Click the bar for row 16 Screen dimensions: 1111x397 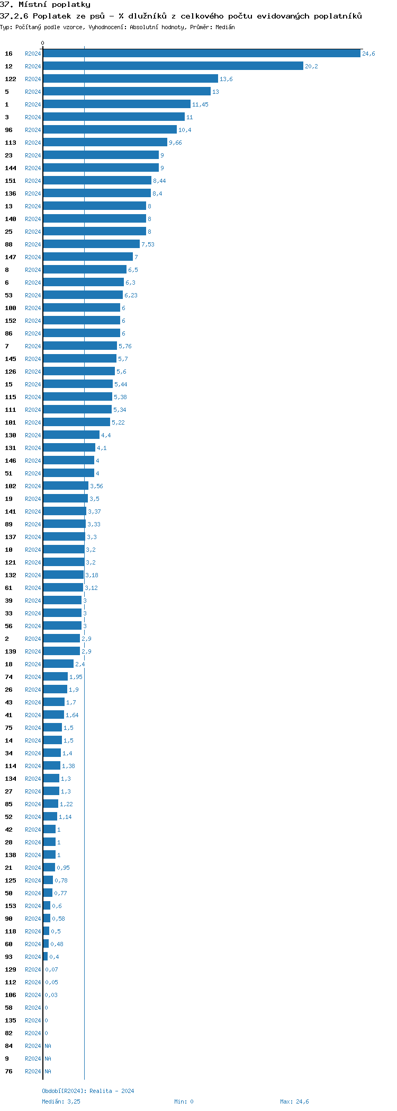tap(201, 54)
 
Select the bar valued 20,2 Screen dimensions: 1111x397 tap(173, 66)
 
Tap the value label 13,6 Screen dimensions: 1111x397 tap(226, 79)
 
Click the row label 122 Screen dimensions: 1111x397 tap(11, 79)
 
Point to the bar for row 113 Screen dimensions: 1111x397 tap(105, 143)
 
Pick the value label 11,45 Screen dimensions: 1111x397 tap(200, 104)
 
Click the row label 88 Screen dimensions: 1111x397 tap(8, 244)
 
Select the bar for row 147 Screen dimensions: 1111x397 tap(88, 257)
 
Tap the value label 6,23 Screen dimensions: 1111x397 tap(131, 295)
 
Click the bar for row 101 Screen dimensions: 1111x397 tap(76, 422)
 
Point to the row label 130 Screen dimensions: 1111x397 tap(11, 435)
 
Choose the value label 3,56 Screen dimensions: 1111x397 tap(96, 486)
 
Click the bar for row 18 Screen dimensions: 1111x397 tap(58, 664)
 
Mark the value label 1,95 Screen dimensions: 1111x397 tap(76, 677)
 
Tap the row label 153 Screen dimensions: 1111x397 tap(11, 906)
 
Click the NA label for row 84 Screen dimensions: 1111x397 tap(48, 1046)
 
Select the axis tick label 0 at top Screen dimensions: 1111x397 tap(43, 43)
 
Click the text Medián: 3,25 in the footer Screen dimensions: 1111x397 tap(61, 1101)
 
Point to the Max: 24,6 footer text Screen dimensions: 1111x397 tap(294, 1101)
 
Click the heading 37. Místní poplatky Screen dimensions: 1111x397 tap(45, 5)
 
